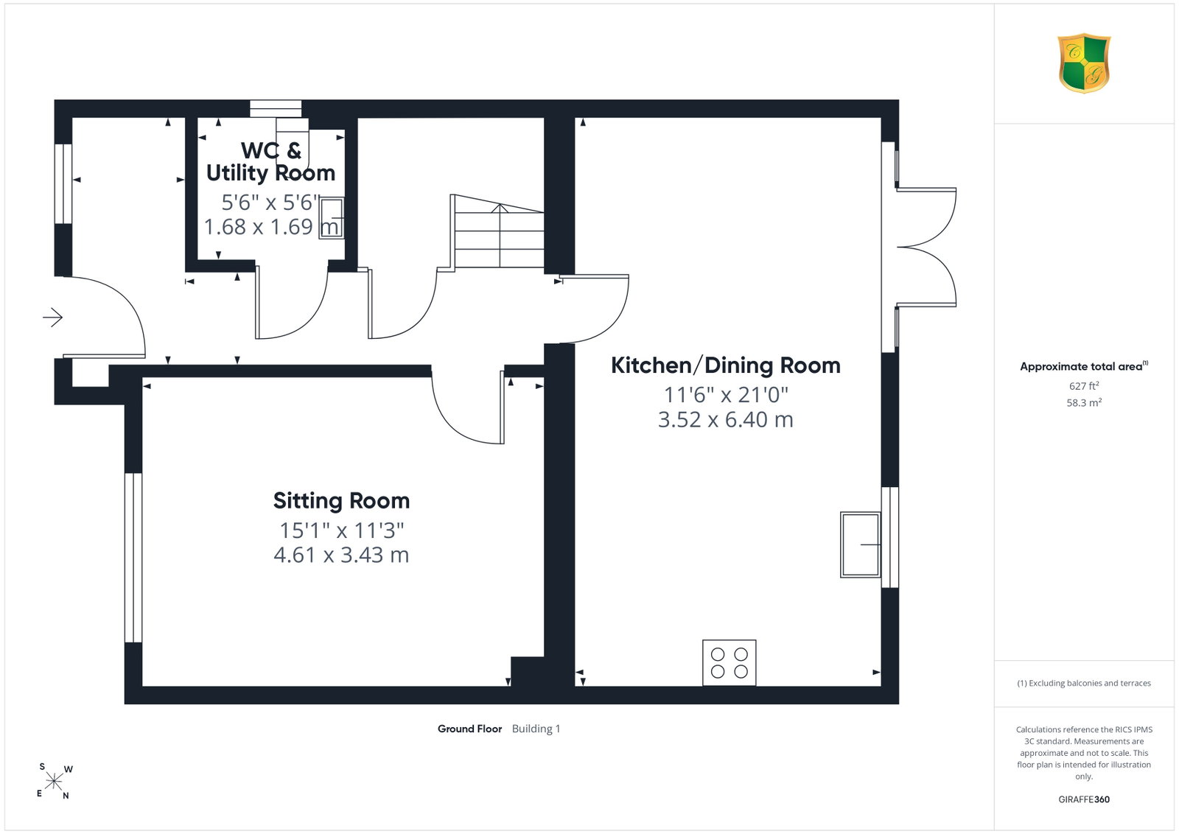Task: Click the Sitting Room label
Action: [341, 501]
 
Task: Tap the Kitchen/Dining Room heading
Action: [725, 365]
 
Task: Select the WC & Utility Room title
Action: [270, 161]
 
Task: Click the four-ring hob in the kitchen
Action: [729, 662]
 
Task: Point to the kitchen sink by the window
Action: [860, 544]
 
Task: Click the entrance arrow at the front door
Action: [52, 318]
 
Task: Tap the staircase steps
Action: [497, 231]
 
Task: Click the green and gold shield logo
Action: [1084, 63]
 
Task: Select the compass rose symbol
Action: [55, 782]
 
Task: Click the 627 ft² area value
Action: [1084, 386]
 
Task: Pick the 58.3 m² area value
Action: [1084, 402]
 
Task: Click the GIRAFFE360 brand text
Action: [1084, 799]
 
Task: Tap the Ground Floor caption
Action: [469, 729]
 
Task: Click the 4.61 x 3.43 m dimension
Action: [341, 555]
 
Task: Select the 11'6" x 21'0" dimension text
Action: [725, 395]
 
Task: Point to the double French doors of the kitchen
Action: [926, 248]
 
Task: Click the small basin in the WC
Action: [331, 218]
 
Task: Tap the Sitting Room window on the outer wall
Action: [133, 558]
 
